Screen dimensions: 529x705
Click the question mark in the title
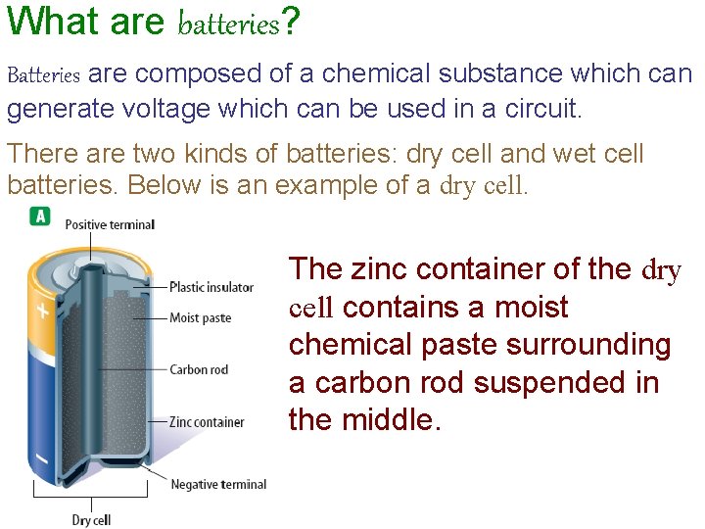coord(290,22)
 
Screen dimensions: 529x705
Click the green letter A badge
coord(40,216)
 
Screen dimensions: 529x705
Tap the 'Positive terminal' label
coord(110,225)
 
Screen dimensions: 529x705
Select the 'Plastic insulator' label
coord(211,287)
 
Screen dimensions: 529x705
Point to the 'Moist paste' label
coord(200,317)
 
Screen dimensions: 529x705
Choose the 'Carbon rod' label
coord(199,369)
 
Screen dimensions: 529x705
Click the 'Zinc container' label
coord(207,422)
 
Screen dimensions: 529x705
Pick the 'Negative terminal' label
coord(218,484)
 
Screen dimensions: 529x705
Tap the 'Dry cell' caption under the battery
coord(91,519)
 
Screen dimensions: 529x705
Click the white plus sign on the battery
coord(42,313)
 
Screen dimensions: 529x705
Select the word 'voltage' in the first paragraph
coord(154,110)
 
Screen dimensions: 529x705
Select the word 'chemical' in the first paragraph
coord(388,74)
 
